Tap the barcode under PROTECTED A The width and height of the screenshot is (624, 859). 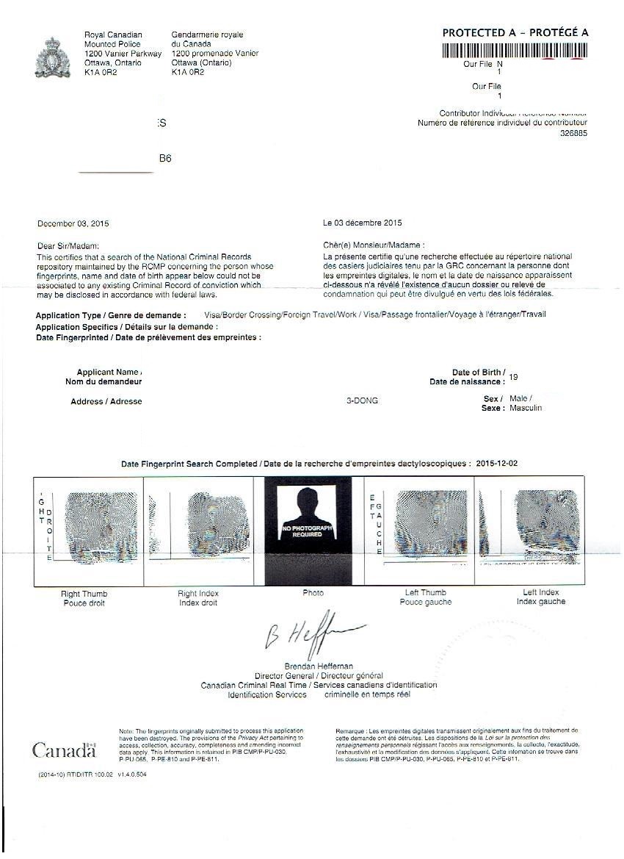515,51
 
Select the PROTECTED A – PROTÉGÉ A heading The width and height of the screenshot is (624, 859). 515,32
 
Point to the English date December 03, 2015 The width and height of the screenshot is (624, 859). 73,223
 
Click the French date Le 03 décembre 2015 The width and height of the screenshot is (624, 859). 363,223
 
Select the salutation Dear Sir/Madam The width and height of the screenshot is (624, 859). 68,245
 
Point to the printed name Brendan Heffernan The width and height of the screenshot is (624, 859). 319,666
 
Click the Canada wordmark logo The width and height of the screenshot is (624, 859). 64,750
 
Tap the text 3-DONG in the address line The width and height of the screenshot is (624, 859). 362,401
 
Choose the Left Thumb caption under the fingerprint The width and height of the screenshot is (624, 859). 426,592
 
